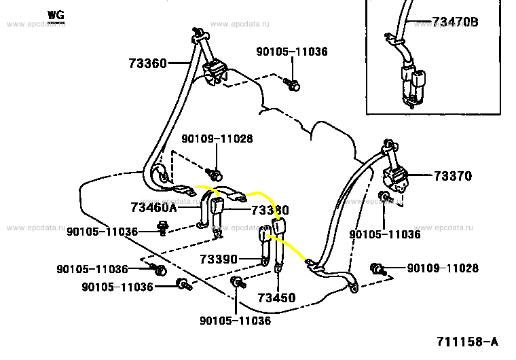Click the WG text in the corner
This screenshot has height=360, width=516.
click(57, 14)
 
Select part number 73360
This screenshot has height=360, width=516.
click(147, 64)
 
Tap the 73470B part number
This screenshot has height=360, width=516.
click(454, 22)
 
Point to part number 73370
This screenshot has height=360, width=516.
click(452, 176)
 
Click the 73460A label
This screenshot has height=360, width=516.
click(153, 206)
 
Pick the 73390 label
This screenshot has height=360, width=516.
click(219, 259)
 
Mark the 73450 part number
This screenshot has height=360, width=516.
click(276, 298)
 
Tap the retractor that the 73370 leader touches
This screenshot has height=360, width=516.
click(396, 179)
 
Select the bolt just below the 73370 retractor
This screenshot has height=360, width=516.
click(384, 199)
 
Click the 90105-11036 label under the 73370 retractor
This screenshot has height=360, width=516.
click(384, 234)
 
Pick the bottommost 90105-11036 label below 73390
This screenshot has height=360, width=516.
click(235, 321)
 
